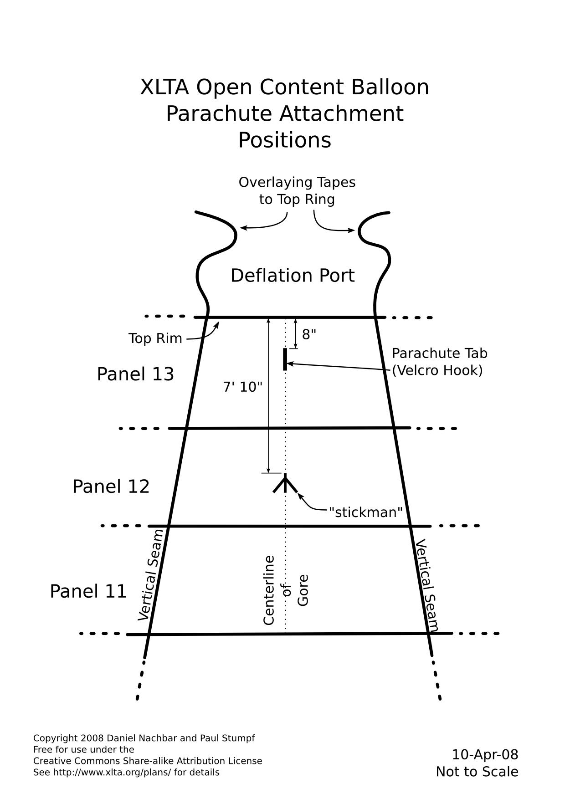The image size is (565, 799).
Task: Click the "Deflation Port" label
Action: click(293, 276)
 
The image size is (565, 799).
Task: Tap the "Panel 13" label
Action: click(135, 374)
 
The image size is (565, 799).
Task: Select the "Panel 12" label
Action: click(111, 487)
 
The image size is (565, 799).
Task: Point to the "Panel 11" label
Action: click(88, 591)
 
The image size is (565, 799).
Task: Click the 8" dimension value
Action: click(309, 334)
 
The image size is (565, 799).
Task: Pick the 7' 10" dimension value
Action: click(243, 387)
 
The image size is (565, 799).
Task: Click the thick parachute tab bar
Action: click(285, 359)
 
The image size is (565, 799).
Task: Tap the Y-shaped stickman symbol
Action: click(285, 484)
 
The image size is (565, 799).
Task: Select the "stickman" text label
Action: click(365, 512)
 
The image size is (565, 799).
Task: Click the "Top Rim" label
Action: click(155, 338)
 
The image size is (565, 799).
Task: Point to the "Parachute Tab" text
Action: click(440, 353)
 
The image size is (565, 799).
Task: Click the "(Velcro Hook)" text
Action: click(437, 370)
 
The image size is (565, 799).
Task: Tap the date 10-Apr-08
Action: click(485, 755)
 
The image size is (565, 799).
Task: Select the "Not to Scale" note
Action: click(477, 772)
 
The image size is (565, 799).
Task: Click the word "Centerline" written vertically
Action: click(269, 590)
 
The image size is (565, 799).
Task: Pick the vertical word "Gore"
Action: click(303, 590)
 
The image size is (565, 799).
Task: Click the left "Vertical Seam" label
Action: click(150, 575)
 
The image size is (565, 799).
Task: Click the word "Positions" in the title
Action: click(285, 140)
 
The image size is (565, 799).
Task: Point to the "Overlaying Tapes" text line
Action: click(297, 182)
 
